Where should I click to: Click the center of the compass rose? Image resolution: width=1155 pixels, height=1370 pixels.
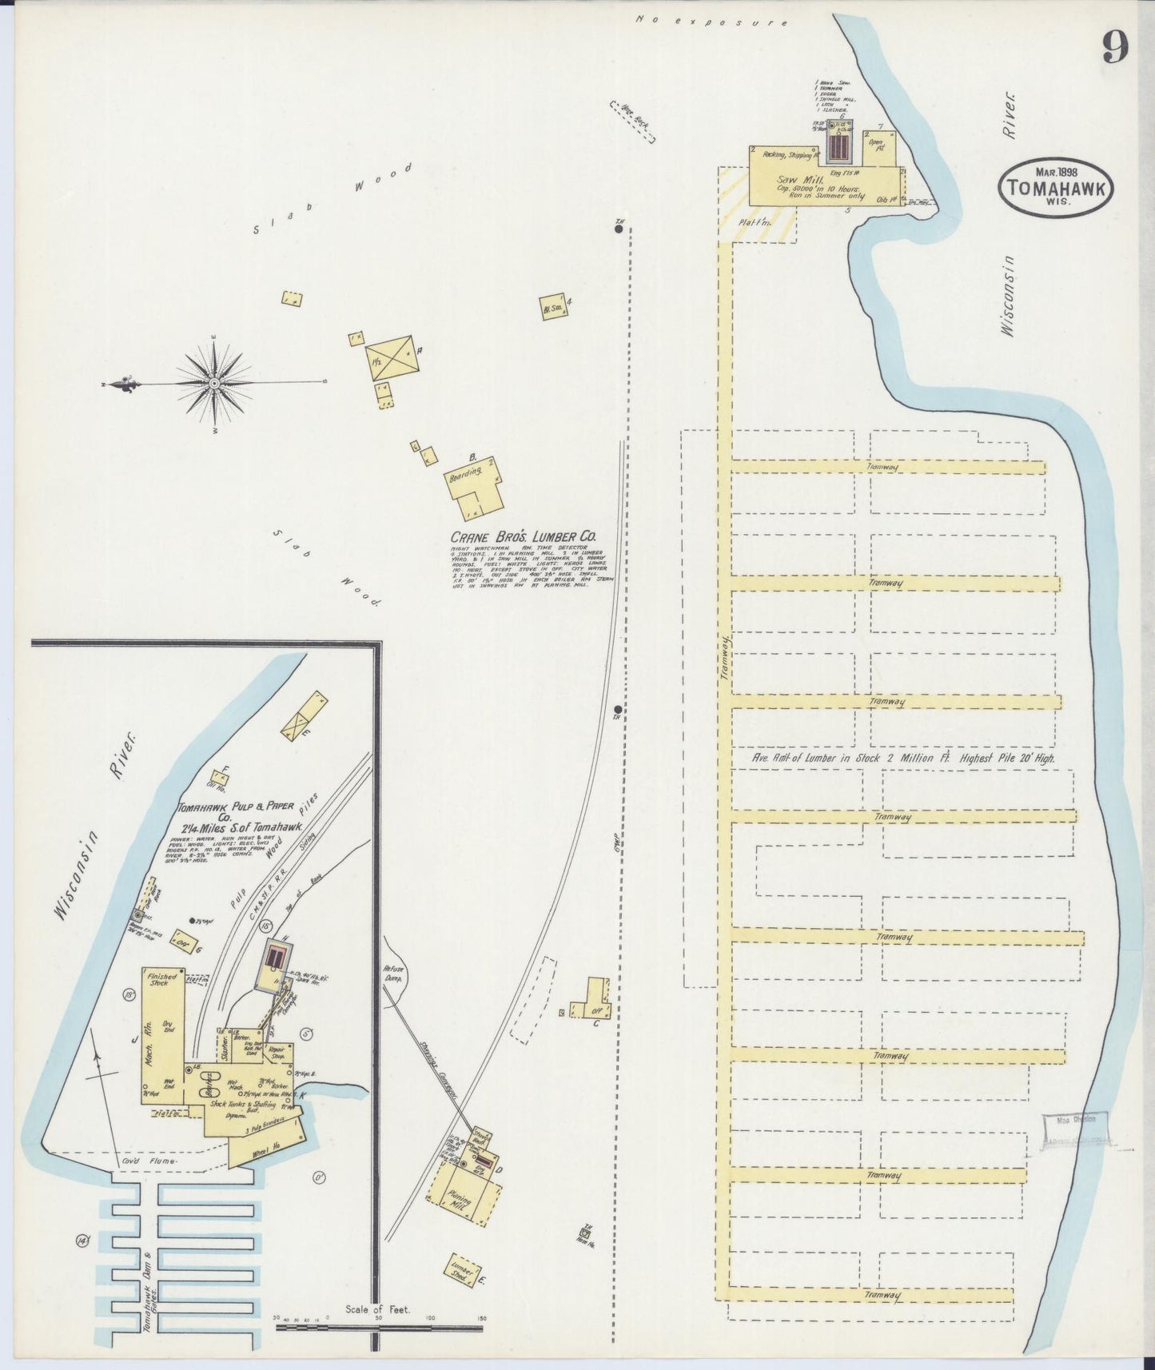pos(214,384)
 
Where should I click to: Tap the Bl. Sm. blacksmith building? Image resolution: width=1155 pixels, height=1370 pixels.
pos(552,308)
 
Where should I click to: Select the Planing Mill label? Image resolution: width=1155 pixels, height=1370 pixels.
pos(460,1200)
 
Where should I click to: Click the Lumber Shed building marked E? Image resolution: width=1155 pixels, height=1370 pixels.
pos(463,1272)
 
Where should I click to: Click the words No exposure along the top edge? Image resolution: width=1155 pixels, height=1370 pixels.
pos(711,19)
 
